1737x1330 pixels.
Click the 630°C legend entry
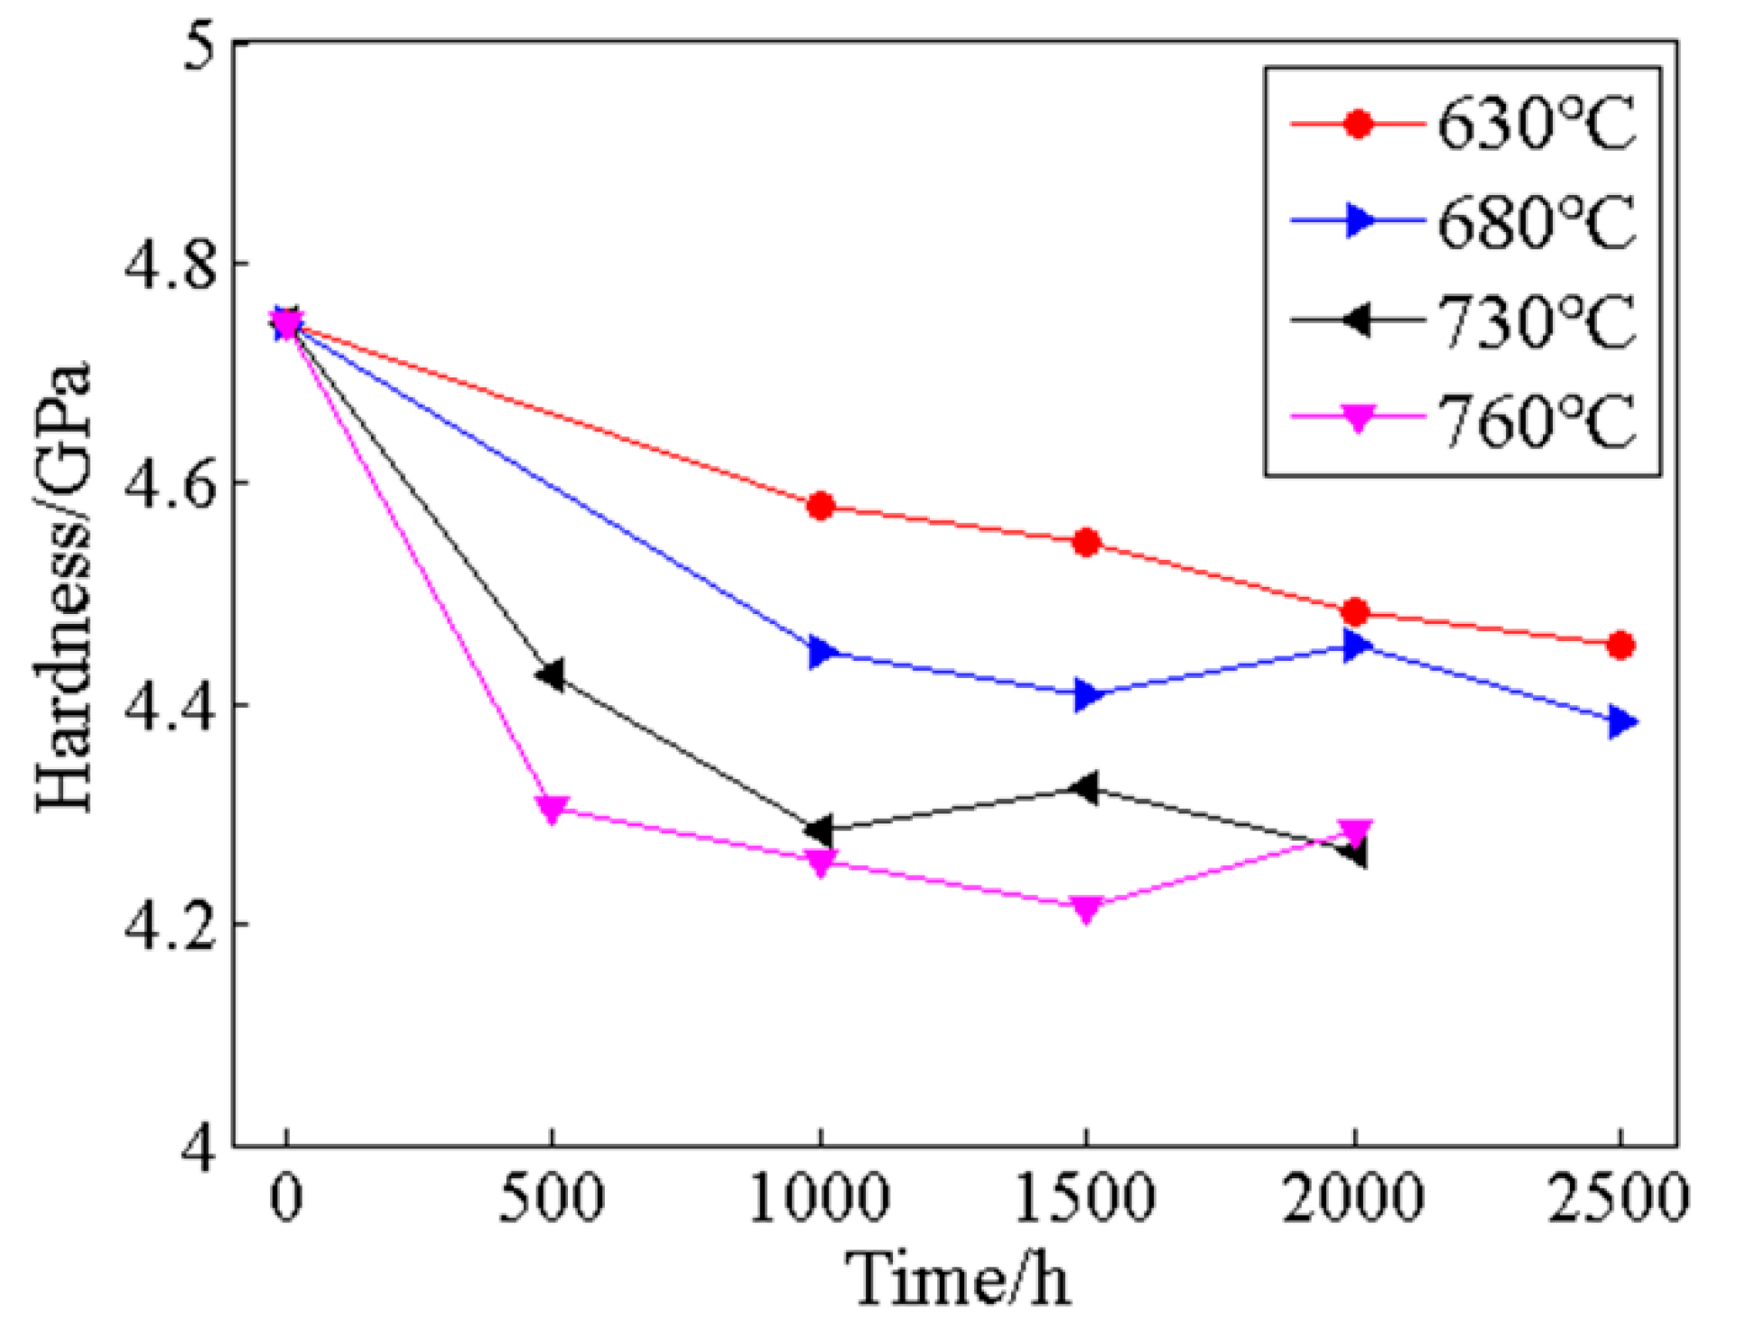(x=1536, y=124)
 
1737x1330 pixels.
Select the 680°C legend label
(x=1536, y=222)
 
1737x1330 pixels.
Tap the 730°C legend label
(x=1536, y=321)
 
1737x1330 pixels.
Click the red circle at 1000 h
(x=820, y=507)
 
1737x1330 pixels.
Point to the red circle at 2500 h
(x=1621, y=646)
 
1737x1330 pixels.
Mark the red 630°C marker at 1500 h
(x=1086, y=543)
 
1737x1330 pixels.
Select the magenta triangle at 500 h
(x=553, y=807)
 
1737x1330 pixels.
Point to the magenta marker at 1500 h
(x=1086, y=907)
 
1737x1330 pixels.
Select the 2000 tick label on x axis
(x=1352, y=1199)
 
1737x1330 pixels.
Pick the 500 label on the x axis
(x=552, y=1199)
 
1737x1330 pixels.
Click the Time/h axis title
(x=958, y=1280)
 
